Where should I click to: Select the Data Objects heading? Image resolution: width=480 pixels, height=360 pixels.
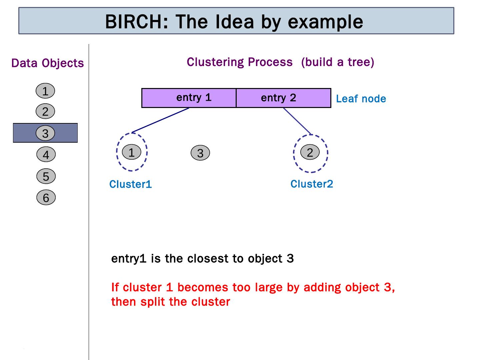(x=47, y=63)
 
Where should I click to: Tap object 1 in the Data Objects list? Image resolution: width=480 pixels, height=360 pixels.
(x=45, y=91)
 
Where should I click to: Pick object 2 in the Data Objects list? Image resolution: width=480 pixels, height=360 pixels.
(x=45, y=112)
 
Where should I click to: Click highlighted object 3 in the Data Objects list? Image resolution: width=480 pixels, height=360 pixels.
(x=45, y=133)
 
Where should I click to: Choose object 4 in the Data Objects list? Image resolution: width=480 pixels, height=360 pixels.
(x=46, y=155)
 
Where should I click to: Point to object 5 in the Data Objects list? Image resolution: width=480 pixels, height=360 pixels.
(x=46, y=176)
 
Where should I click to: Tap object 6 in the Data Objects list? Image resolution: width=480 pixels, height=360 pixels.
(x=46, y=198)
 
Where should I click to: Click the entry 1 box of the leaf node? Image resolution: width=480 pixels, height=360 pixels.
(x=189, y=98)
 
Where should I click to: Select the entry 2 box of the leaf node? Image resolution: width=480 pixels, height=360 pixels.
(x=283, y=98)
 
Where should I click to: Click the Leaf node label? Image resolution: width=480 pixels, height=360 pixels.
(x=361, y=99)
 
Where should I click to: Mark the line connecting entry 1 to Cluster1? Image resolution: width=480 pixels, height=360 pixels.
(x=161, y=120)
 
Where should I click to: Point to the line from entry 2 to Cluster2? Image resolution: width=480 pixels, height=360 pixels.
(x=297, y=121)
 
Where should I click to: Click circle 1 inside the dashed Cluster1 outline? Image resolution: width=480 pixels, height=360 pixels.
(x=132, y=152)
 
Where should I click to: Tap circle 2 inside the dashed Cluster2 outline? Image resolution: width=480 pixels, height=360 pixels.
(x=310, y=152)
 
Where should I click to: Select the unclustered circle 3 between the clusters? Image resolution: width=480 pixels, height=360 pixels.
(x=200, y=153)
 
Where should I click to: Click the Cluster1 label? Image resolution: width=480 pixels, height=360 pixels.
(x=131, y=184)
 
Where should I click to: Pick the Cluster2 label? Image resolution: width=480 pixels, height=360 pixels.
(x=312, y=184)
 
